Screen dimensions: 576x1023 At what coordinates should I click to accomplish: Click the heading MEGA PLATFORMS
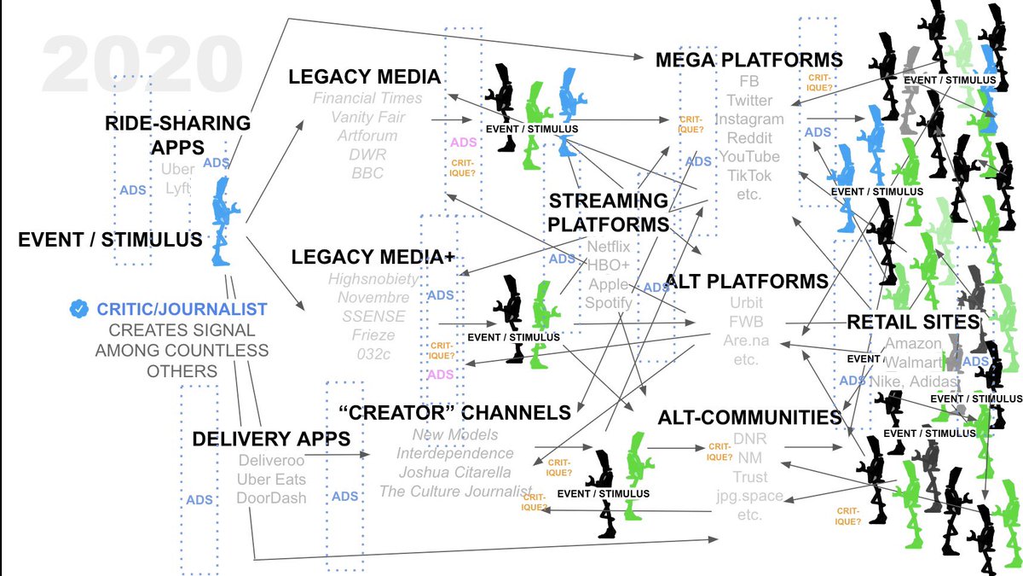749,60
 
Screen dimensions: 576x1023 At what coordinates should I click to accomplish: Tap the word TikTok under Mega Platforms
749,176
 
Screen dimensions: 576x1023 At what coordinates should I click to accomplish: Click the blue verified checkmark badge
79,309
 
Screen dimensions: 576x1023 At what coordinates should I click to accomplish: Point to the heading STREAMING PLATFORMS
608,212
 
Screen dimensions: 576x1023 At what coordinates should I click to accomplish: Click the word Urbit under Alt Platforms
746,303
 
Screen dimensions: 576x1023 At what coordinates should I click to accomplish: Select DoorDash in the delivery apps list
271,497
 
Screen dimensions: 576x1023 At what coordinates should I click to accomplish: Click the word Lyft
178,188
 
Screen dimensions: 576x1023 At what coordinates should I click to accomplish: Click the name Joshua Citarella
455,472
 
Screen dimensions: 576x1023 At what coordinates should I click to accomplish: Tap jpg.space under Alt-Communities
749,496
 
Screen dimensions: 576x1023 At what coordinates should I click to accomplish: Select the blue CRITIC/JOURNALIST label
182,309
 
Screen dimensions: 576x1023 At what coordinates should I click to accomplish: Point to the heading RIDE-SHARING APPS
177,135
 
